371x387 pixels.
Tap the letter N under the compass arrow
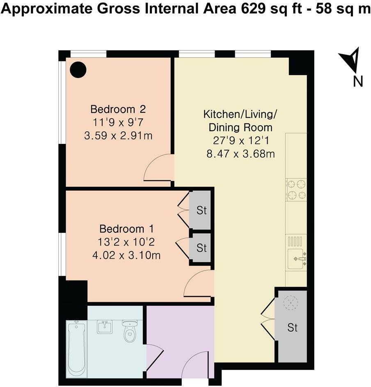coord(358,81)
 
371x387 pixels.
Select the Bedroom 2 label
coord(118,109)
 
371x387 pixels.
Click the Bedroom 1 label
coord(126,229)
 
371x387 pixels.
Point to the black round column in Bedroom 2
coord(78,70)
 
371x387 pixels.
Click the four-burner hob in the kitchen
coord(296,189)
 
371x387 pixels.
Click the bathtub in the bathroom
coord(77,349)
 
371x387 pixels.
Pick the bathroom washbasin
coord(105,327)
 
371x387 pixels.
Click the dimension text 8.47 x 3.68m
coord(240,154)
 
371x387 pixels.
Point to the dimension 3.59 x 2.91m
coord(118,136)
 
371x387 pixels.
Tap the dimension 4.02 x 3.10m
coord(126,255)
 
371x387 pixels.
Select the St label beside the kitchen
coord(293,328)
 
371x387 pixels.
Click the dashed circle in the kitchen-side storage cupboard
coord(291,302)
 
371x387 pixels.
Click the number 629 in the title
coord(251,9)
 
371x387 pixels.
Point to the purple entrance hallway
coord(180,341)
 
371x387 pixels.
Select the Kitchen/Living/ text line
coord(240,114)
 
